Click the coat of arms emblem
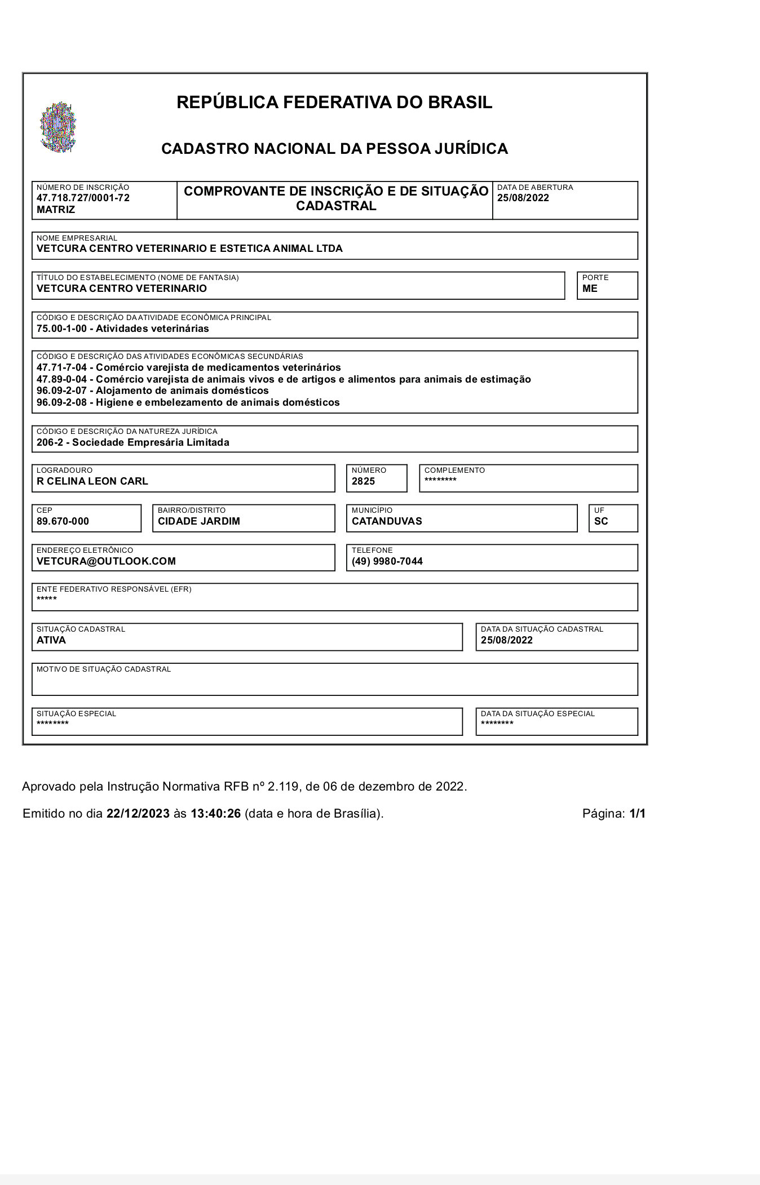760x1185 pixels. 58,127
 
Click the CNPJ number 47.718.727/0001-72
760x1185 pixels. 83,198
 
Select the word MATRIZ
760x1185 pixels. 56,210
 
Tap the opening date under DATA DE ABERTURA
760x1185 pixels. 523,198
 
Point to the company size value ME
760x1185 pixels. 590,289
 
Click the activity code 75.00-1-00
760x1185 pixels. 61,329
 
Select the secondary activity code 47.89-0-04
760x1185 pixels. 61,379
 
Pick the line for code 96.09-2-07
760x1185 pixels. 152,390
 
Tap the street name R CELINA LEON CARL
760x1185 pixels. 92,481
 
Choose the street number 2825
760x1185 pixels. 363,481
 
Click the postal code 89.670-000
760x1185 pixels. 63,521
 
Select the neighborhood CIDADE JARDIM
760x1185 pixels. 199,521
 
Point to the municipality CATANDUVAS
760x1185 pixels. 387,521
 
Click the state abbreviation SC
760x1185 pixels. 601,521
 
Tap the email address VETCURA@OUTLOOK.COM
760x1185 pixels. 106,561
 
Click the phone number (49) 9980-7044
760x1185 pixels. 387,561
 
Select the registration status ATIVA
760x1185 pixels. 51,640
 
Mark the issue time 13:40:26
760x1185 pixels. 216,814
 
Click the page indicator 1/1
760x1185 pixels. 638,814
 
